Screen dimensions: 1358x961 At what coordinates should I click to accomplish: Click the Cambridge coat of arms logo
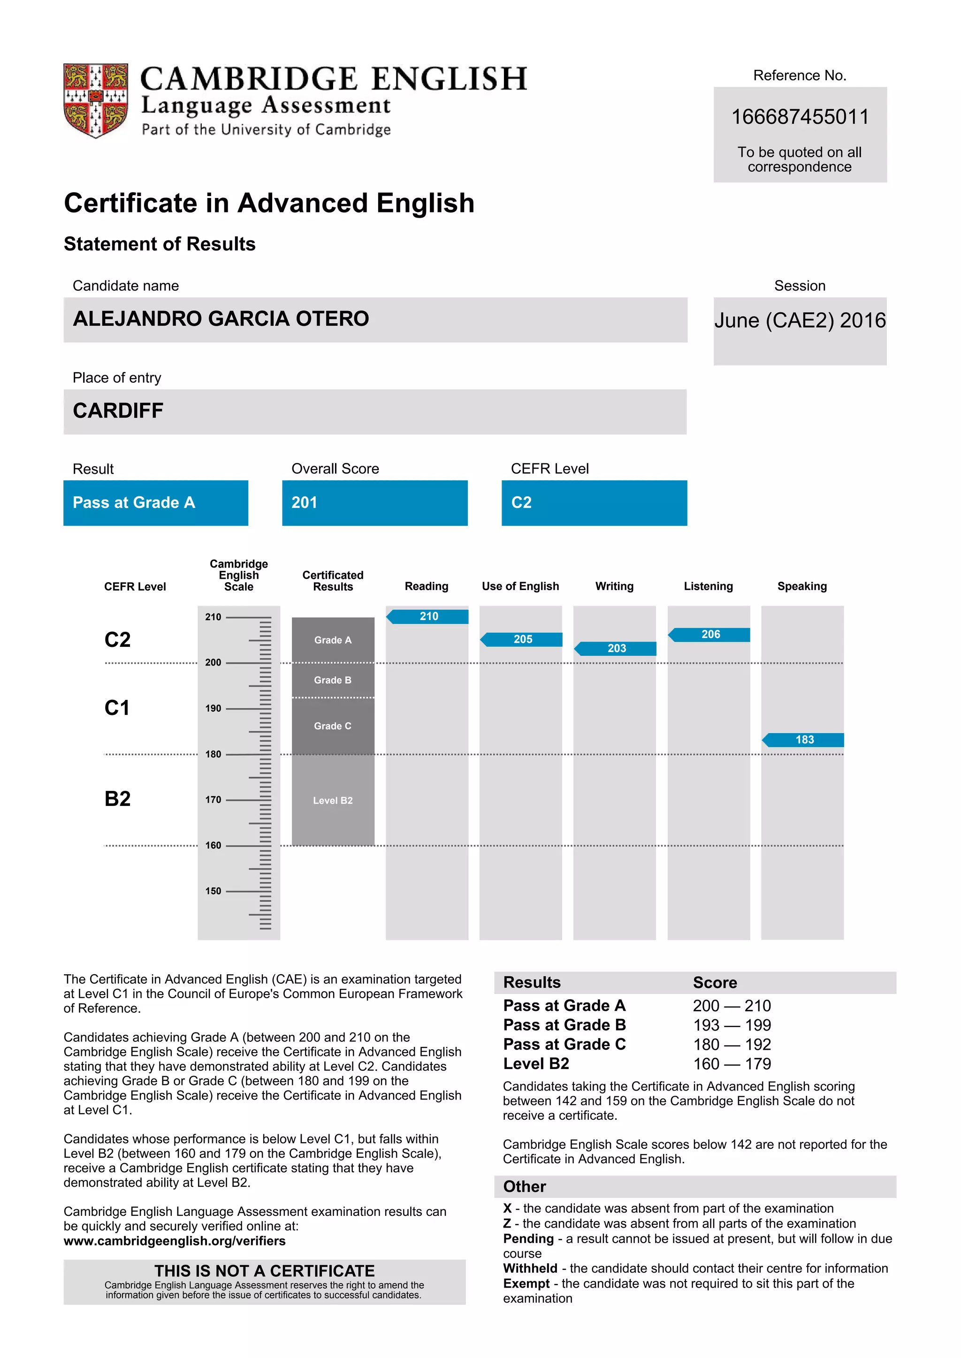95,100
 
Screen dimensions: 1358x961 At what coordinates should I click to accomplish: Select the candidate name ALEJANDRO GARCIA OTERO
221,319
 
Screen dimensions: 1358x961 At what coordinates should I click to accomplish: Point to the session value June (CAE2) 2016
800,320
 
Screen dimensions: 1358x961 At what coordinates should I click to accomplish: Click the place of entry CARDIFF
118,411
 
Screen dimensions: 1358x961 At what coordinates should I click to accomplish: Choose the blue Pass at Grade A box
156,503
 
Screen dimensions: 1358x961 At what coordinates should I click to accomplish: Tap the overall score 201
304,503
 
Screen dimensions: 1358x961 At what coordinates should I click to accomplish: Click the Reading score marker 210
428,616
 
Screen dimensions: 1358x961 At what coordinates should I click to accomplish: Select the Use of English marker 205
523,639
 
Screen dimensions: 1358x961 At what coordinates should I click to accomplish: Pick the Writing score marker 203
616,648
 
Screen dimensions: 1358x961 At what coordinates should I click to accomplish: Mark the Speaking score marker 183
804,740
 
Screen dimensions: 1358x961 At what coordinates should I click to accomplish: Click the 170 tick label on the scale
213,800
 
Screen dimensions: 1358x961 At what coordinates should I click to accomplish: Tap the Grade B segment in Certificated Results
333,680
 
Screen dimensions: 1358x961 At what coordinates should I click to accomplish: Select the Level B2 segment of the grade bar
333,800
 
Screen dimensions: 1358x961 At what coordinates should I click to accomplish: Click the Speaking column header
802,586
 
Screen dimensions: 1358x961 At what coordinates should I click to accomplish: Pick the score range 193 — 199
732,1025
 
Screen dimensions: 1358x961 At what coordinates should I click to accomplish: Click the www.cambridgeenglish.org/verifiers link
175,1241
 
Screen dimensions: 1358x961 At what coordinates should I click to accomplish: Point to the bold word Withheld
530,1268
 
